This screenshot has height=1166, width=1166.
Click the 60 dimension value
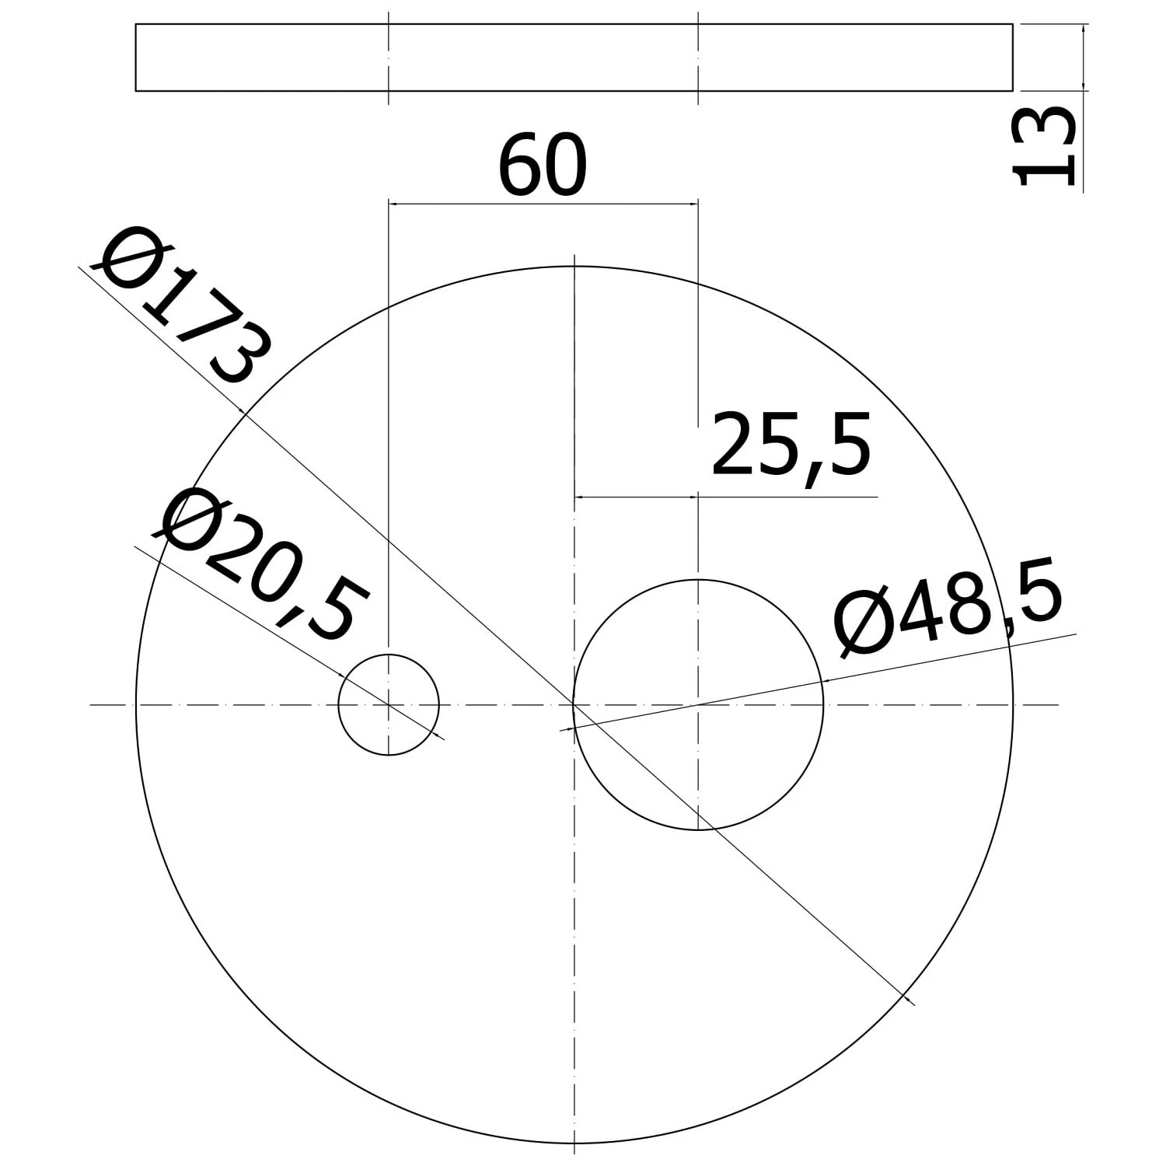542,166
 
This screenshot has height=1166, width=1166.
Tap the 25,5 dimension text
790,446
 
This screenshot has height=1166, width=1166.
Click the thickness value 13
1046,148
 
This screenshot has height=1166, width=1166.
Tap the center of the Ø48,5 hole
698,705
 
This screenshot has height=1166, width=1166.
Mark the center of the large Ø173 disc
574,705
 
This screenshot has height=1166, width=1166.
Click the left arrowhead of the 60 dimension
394,204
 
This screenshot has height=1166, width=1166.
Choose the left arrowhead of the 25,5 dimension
579,496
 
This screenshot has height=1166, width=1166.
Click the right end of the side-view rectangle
1012,58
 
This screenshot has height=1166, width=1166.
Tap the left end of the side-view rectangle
136,58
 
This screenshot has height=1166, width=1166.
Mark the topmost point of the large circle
574,267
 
